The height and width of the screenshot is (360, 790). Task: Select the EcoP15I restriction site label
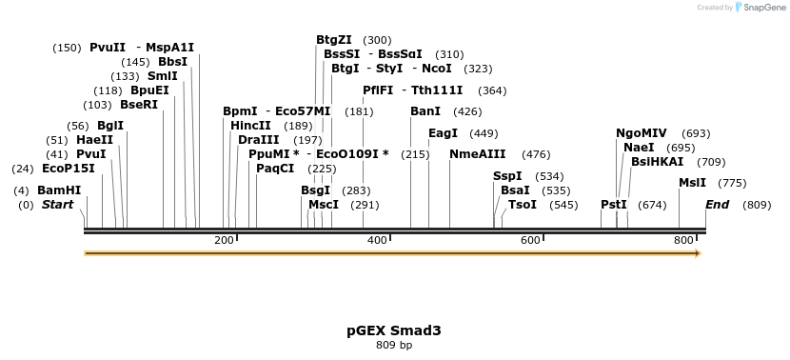point(68,169)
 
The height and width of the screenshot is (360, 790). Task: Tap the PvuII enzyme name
point(108,47)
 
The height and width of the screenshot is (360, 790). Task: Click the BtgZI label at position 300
point(333,40)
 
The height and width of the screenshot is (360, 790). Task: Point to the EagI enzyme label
point(443,133)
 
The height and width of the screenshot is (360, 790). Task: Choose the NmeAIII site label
point(478,154)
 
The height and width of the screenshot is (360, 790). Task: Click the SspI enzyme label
point(507,176)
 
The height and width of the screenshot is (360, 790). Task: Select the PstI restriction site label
point(614,205)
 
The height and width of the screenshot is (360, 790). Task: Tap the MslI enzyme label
point(692,183)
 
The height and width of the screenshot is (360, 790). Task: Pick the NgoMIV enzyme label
point(642,133)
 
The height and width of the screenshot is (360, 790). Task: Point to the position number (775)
point(732,183)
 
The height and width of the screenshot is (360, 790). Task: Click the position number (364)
point(492,90)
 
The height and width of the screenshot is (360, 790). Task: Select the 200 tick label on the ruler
point(225,241)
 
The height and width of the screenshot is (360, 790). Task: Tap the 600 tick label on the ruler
point(531,241)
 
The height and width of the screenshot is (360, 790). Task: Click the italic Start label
point(57,205)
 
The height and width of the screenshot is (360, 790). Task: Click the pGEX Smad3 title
point(394,330)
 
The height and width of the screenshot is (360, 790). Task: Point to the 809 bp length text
point(394,345)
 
